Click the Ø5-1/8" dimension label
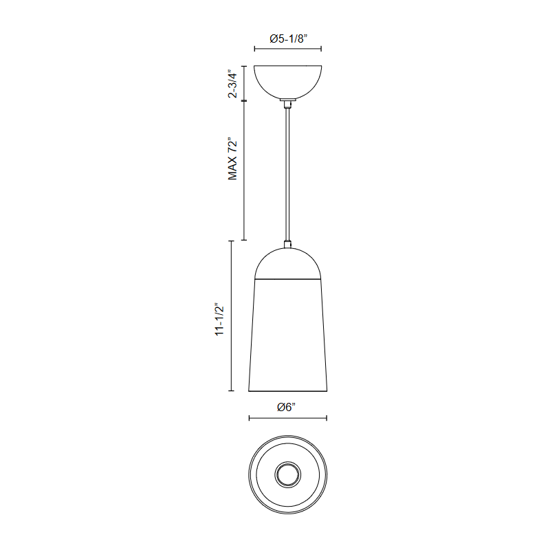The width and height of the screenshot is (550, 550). (288, 38)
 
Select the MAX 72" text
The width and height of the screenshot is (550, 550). (232, 159)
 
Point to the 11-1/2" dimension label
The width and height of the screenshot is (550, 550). (219, 319)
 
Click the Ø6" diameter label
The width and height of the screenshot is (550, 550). (286, 407)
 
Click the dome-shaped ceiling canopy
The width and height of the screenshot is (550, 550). (287, 82)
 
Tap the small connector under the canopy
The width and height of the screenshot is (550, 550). (287, 104)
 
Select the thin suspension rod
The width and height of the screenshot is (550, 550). (287, 175)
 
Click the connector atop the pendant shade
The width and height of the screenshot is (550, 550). (287, 244)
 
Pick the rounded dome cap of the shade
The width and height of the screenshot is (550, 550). (287, 263)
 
